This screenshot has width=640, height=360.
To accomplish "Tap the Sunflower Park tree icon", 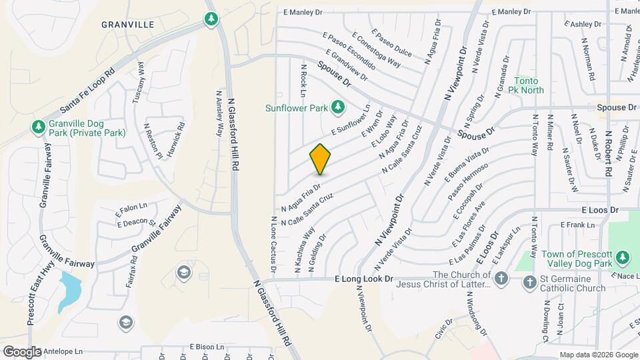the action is point(338,107).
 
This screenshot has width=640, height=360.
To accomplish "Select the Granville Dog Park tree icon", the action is point(38,127).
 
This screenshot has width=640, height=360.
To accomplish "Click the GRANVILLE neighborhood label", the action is point(128,25).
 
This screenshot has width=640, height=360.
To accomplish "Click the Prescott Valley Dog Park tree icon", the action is point(623,257).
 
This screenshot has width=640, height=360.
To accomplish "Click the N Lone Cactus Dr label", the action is point(273,243).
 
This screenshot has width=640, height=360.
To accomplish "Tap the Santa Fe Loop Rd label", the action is point(87,89).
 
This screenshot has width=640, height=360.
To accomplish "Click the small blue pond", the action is point(71,289).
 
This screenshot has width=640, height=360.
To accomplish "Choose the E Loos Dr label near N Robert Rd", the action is point(600,209).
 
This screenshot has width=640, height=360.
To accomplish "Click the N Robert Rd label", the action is point(609,153).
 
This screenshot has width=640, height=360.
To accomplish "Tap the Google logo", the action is point(21,351).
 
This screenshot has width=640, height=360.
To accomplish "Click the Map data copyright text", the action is point(598,355).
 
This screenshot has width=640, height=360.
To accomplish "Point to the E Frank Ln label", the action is point(577,225).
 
